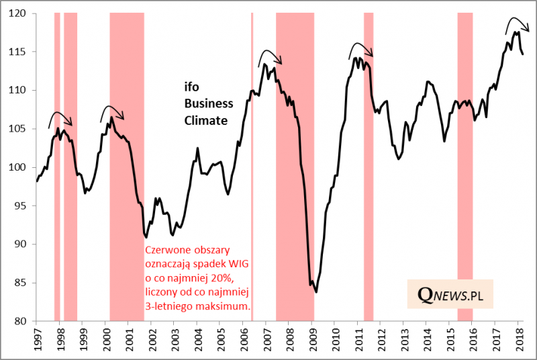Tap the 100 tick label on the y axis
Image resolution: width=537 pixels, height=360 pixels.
point(20,167)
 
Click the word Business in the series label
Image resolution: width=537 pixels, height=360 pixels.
point(209,103)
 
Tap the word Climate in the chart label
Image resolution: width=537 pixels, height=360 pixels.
point(206,120)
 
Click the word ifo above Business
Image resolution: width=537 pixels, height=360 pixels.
point(192,87)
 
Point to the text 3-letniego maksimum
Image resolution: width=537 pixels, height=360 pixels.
point(199,306)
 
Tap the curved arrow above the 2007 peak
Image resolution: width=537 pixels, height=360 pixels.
point(271,54)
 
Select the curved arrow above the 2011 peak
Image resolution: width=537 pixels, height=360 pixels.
point(361,46)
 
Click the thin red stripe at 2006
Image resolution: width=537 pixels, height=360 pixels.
point(252,168)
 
